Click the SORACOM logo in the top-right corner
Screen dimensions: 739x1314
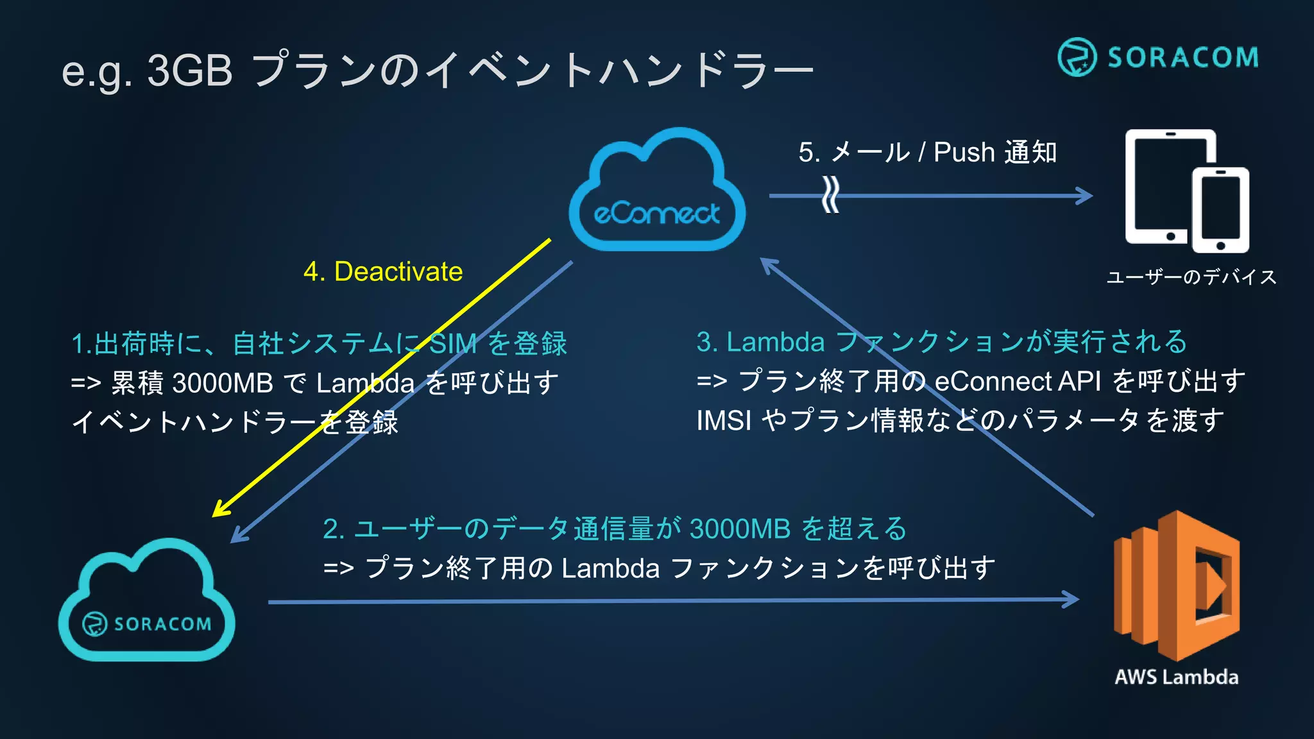[1157, 57]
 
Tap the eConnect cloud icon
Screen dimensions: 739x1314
[656, 192]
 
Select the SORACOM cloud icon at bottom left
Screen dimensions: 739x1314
[146, 603]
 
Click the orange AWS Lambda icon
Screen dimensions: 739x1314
[1177, 585]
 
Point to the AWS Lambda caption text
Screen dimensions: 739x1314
[1176, 677]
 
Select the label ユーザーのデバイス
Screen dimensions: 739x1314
[1191, 277]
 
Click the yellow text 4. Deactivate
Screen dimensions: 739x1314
[383, 271]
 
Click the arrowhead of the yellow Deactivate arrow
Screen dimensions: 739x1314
[219, 510]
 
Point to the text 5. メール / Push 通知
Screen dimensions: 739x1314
[927, 153]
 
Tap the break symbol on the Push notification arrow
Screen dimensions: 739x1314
[830, 195]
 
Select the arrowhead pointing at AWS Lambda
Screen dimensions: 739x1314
[1071, 600]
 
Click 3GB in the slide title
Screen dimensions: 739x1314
[190, 70]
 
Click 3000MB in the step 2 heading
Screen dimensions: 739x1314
[740, 529]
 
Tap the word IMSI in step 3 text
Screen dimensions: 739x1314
[724, 421]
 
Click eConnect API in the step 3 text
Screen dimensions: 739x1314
[1017, 382]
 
